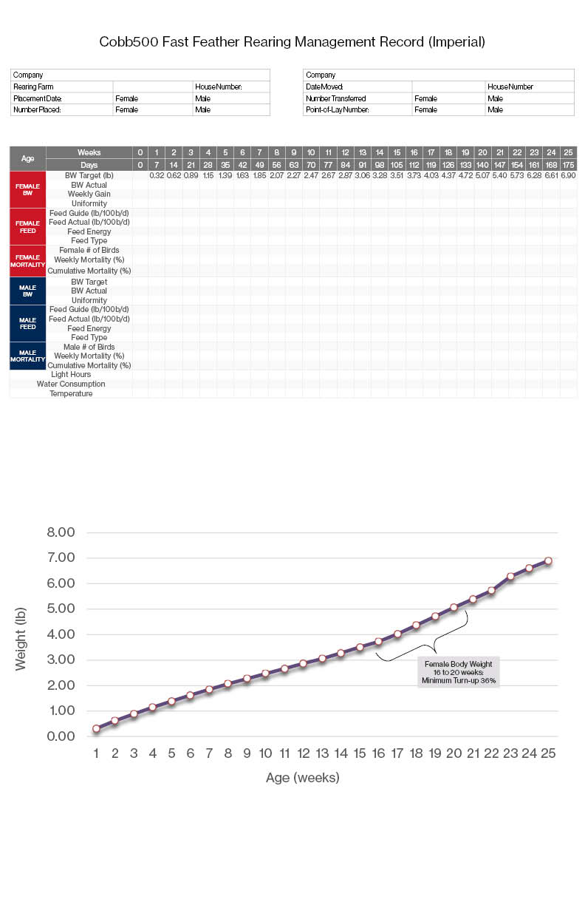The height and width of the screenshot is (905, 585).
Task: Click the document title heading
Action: click(x=292, y=42)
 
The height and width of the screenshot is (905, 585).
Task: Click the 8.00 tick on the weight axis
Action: click(x=61, y=532)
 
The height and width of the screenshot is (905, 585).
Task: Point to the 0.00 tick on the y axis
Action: click(x=61, y=736)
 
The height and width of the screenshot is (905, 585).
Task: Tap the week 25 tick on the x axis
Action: click(x=547, y=753)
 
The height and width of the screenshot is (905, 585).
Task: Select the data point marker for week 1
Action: click(x=96, y=728)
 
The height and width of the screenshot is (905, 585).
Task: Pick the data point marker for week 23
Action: click(x=510, y=576)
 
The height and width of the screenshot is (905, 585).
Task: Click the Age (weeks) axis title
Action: click(x=302, y=778)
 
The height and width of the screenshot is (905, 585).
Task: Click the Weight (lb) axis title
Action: click(x=21, y=639)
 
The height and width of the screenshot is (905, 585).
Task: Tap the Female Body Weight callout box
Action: click(x=458, y=671)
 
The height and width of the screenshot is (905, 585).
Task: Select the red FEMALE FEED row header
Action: click(x=27, y=226)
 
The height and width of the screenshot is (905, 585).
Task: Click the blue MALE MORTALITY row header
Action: click(x=27, y=356)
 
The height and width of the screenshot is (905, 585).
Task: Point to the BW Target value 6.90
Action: click(x=568, y=175)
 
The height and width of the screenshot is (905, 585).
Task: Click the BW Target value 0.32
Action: click(x=156, y=175)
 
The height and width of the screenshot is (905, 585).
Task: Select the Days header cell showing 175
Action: click(x=568, y=164)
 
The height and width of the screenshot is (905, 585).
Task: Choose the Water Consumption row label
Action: click(x=71, y=384)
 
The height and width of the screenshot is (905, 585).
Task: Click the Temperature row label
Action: click(x=71, y=393)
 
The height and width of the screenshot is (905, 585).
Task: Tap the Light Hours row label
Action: click(x=71, y=374)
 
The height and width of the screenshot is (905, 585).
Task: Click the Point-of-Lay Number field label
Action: click(x=337, y=109)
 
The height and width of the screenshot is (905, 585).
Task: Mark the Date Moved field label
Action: click(x=325, y=87)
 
